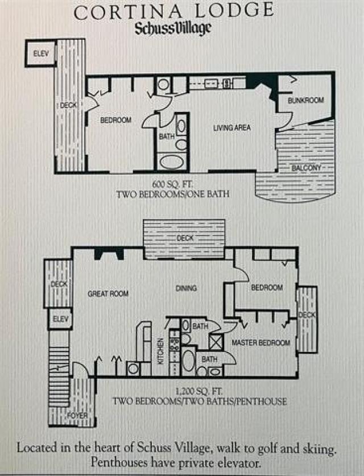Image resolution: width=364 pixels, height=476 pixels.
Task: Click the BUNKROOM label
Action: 305,101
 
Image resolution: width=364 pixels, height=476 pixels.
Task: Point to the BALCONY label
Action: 307,168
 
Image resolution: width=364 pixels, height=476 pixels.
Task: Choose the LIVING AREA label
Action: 231,128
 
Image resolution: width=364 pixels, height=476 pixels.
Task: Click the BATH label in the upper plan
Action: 167,136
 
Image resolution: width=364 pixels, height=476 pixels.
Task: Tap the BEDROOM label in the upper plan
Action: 116,120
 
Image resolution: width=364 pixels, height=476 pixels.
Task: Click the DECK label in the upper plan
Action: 69,105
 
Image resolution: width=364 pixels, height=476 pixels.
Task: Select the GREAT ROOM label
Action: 107,293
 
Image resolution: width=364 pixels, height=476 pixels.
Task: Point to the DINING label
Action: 186,288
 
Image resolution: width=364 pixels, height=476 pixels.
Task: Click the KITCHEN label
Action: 160,350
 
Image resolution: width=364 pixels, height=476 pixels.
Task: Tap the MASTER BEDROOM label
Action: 261,343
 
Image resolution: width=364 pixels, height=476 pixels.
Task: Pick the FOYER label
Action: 76,416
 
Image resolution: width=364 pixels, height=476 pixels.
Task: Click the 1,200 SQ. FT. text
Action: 198,391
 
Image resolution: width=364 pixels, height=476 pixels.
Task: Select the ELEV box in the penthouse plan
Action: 60,319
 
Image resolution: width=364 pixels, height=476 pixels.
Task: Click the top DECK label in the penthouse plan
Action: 185,238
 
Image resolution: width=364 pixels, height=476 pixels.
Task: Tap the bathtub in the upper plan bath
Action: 171,162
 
